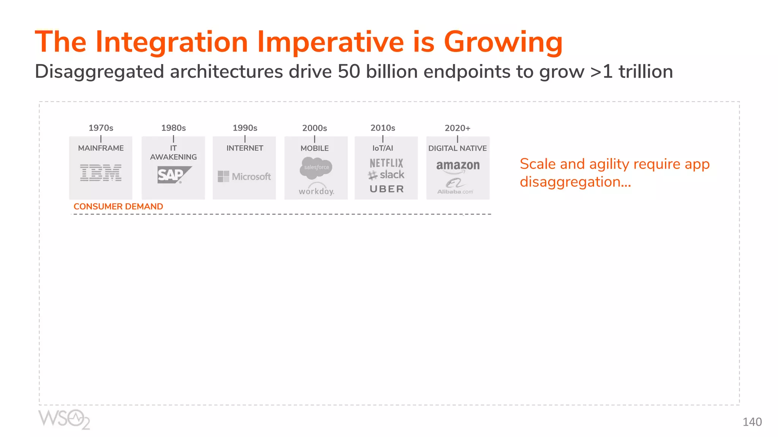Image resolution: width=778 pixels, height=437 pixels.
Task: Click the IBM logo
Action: [101, 173]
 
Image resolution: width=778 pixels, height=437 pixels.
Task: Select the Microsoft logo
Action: [244, 176]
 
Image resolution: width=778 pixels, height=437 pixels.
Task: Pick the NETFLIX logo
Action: [386, 163]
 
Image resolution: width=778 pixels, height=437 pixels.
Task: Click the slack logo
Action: [386, 175]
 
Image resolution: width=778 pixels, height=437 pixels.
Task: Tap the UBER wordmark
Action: [387, 189]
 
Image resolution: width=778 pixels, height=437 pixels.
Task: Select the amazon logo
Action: [458, 166]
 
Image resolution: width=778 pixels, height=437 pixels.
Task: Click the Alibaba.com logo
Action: [455, 187]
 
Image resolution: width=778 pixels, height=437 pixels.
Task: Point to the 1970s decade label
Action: [101, 128]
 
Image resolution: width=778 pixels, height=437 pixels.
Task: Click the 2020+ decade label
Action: [457, 128]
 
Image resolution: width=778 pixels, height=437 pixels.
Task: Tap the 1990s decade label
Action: [245, 128]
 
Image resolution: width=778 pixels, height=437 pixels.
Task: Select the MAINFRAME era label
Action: [101, 148]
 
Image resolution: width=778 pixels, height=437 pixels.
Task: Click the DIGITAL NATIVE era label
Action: [457, 148]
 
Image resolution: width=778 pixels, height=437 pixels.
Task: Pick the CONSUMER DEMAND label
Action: [118, 206]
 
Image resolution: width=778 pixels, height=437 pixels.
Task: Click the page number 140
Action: [752, 422]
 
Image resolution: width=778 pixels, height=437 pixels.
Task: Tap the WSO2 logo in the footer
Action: [64, 419]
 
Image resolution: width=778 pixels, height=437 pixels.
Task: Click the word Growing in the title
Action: [503, 42]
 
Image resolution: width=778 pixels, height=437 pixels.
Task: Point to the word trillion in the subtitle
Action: [645, 71]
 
